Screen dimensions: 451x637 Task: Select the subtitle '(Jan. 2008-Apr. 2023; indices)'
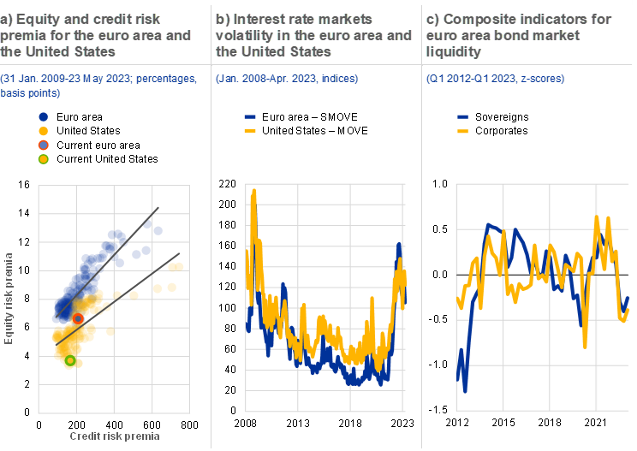tap(287, 79)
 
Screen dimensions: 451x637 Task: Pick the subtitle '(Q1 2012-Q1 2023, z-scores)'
tap(496, 79)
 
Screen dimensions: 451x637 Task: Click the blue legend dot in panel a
tap(44, 116)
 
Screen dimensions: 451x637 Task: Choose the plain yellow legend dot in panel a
tap(44, 130)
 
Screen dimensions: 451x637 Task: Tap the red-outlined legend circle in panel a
tap(44, 145)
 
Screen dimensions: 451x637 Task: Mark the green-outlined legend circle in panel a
tap(44, 159)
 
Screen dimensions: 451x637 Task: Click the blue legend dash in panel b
tap(251, 116)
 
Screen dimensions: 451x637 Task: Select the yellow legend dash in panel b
tap(251, 131)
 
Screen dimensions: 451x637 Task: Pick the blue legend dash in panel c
tap(463, 116)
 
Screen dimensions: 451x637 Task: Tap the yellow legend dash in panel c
tap(463, 131)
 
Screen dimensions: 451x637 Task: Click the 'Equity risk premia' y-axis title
tap(9, 297)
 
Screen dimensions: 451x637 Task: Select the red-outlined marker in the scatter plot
tap(78, 318)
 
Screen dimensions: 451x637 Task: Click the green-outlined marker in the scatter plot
tap(70, 361)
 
